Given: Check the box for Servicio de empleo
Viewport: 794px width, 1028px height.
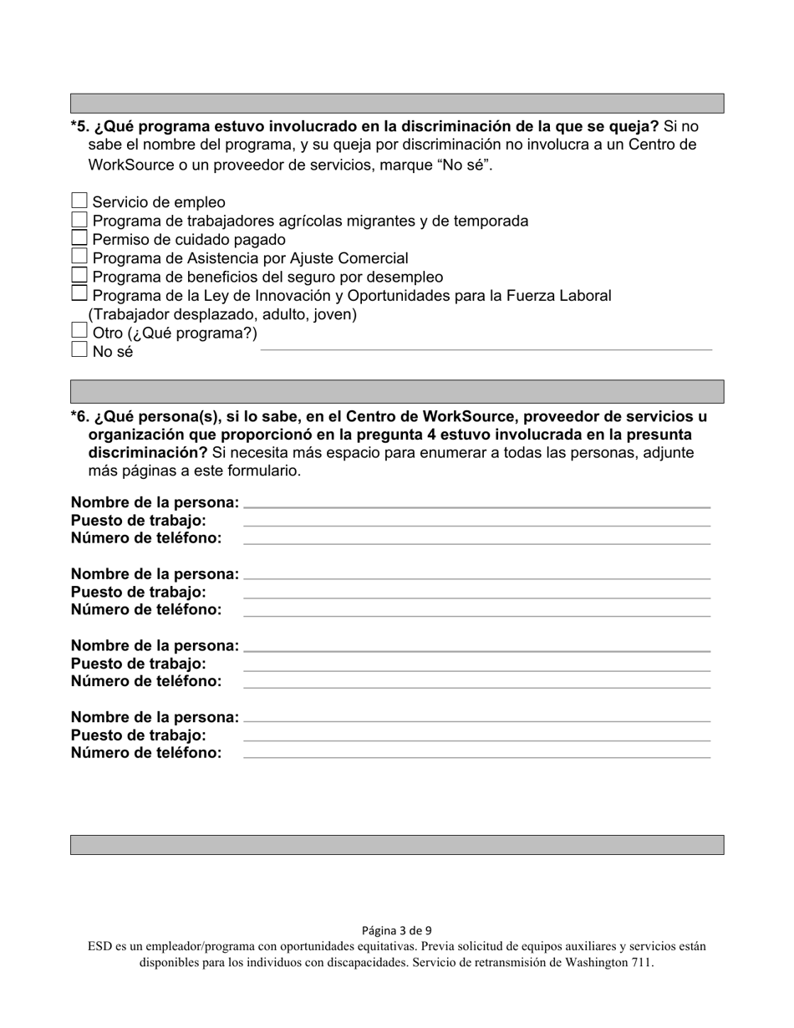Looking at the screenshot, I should [79, 201].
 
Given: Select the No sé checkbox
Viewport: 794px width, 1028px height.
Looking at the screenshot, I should [79, 350].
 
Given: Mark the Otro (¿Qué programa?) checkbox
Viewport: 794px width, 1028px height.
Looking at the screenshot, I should [79, 331].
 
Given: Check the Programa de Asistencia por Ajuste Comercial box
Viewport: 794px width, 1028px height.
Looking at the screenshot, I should [79, 257].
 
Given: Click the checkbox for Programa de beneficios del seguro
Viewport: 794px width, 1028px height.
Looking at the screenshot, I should [79, 275].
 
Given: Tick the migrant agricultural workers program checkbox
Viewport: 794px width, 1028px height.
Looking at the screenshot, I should [79, 220].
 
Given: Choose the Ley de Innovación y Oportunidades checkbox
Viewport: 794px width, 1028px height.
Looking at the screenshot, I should [79, 293].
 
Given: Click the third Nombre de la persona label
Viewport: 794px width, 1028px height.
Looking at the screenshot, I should [155, 646].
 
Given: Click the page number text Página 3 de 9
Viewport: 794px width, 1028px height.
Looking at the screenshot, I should [397, 930].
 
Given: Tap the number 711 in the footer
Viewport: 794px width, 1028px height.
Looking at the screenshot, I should [641, 962].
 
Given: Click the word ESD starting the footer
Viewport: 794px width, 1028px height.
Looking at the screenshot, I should [99, 947].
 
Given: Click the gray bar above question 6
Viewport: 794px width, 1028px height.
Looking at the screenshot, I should [397, 391].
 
